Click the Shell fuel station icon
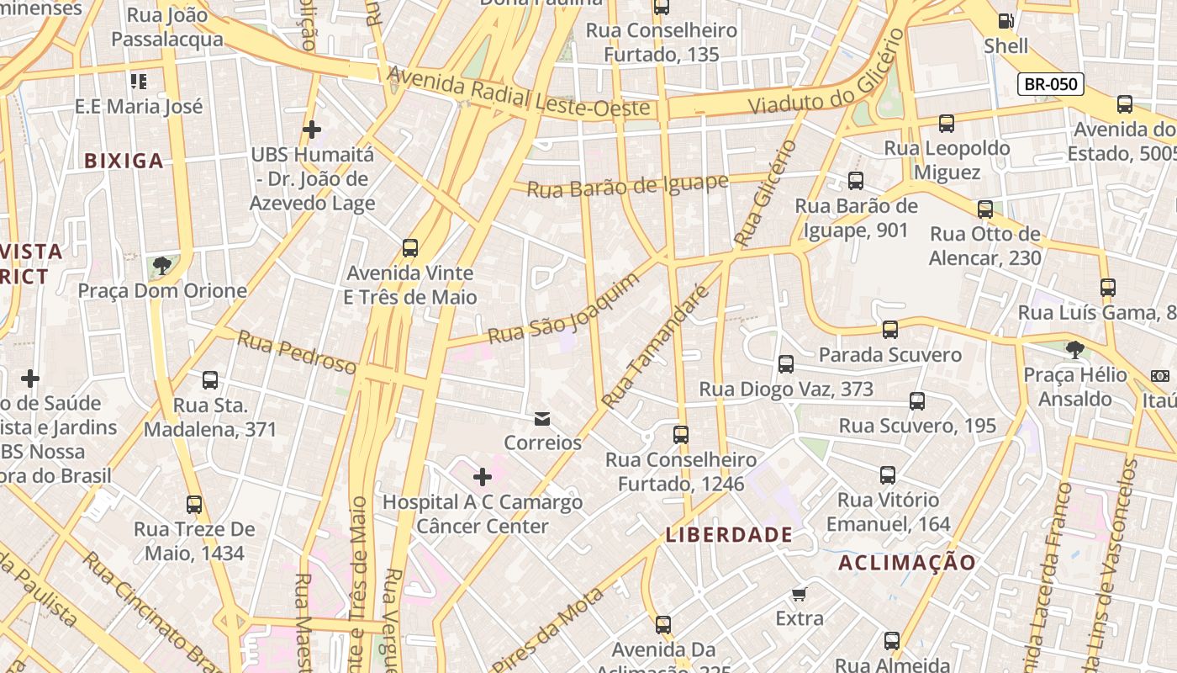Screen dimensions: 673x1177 (1005, 21)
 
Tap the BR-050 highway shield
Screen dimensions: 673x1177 (1050, 84)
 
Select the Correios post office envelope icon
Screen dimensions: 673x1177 (542, 418)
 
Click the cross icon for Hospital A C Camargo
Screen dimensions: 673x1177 (482, 478)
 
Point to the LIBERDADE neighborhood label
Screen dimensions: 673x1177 (729, 534)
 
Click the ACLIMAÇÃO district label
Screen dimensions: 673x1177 (907, 563)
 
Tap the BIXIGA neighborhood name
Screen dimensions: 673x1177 (124, 161)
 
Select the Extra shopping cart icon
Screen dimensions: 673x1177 (800, 594)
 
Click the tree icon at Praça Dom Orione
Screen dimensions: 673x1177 (162, 267)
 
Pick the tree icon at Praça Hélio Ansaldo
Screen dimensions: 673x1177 (1074, 349)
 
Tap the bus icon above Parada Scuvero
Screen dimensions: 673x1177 (890, 330)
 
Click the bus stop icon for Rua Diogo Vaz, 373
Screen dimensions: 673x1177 (786, 364)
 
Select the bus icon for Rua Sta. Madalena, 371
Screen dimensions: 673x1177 (210, 380)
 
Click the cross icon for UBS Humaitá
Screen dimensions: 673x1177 (312, 130)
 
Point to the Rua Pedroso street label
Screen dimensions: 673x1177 (297, 352)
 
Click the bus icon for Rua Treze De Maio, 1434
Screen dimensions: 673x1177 (194, 505)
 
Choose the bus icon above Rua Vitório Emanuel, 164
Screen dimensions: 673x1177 (888, 475)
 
